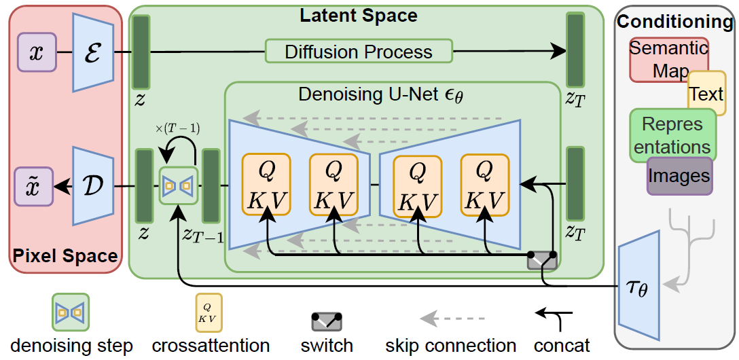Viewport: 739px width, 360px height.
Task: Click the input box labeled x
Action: (x=36, y=53)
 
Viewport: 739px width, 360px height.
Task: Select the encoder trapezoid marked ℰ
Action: (x=93, y=53)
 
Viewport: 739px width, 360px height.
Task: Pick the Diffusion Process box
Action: (x=358, y=52)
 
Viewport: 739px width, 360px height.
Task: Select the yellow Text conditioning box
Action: (x=707, y=94)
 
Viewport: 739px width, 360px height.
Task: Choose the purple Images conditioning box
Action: (x=679, y=176)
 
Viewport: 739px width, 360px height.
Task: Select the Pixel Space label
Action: (x=65, y=257)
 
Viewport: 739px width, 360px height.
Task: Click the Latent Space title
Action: (x=359, y=14)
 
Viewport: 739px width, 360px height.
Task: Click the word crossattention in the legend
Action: (x=211, y=345)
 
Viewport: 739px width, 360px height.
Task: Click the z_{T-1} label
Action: (x=203, y=236)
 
